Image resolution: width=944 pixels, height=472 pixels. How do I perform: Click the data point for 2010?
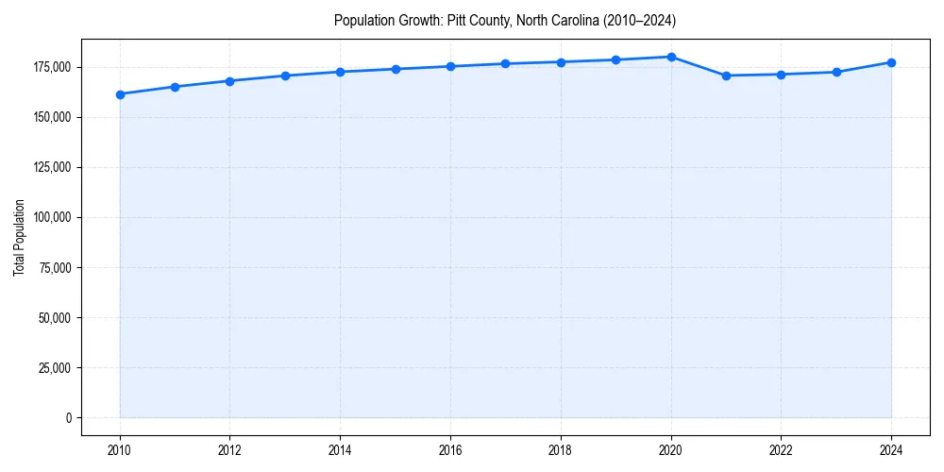[120, 94]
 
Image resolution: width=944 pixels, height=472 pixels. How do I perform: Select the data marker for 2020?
[671, 57]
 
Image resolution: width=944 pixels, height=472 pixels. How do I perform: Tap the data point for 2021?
[726, 76]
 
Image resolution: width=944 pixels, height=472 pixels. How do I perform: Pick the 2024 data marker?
[891, 62]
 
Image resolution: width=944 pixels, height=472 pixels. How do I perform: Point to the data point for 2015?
[396, 69]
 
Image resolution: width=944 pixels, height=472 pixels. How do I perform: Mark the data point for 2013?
[285, 76]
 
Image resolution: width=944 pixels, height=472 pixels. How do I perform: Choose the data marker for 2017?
[506, 63]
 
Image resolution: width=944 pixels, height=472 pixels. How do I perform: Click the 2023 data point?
[836, 72]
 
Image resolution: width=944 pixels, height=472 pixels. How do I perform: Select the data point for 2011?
[175, 87]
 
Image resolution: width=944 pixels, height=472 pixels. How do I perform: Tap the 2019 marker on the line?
[615, 59]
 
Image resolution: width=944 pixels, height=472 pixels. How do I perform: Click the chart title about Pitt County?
[505, 20]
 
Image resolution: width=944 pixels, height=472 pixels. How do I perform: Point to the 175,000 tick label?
[52, 67]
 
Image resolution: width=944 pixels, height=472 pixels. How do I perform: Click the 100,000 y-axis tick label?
[52, 217]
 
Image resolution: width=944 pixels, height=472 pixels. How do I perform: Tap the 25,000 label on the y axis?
[55, 367]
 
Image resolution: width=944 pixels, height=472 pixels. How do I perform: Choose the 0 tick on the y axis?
[67, 417]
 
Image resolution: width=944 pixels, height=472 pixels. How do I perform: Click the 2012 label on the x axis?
[230, 450]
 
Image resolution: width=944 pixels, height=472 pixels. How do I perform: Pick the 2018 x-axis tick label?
[561, 450]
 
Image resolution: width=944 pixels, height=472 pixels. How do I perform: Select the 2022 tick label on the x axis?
[781, 450]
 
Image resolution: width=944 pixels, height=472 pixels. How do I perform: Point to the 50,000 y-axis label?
[55, 317]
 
